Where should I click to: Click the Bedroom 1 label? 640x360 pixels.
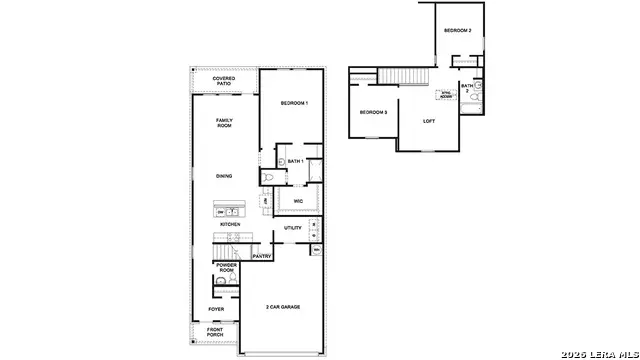(x=293, y=104)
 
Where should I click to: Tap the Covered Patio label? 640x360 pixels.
(x=224, y=81)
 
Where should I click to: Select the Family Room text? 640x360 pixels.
(x=224, y=123)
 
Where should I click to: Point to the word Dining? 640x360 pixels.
(x=224, y=176)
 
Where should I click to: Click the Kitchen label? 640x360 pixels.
(x=230, y=224)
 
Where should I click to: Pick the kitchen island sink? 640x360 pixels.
(x=230, y=211)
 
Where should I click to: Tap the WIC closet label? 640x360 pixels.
(x=298, y=201)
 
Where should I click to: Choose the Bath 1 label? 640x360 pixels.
(x=295, y=161)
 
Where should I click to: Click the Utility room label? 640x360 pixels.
(x=293, y=228)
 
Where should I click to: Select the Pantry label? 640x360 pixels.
(x=262, y=256)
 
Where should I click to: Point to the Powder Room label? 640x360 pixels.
(x=227, y=268)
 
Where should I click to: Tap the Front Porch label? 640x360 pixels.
(x=215, y=333)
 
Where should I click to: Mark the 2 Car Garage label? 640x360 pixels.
(x=283, y=307)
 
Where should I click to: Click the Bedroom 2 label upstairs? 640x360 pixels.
(x=458, y=31)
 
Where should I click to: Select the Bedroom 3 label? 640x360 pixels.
(x=373, y=112)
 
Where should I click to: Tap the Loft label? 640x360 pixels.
(x=429, y=122)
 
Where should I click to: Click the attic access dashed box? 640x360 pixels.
(x=445, y=96)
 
